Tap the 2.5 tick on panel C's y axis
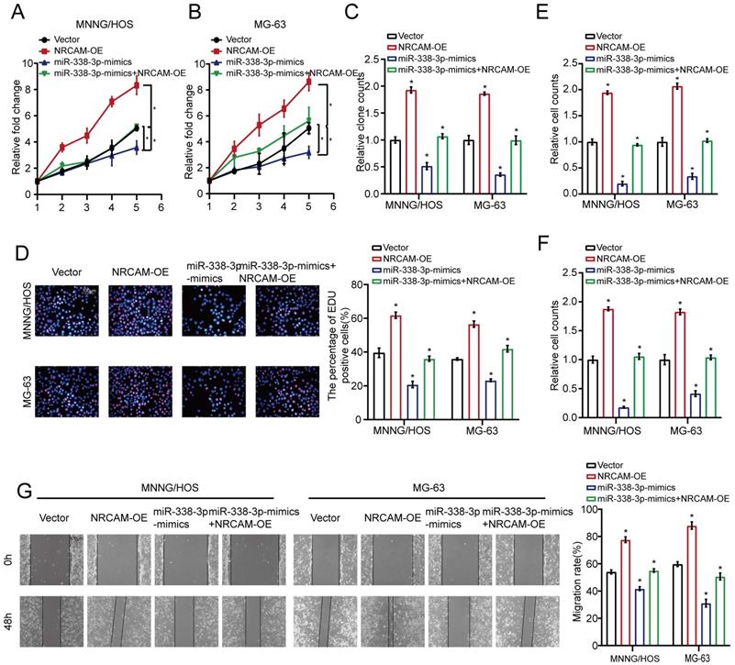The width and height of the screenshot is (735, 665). pyautogui.click(x=369, y=60)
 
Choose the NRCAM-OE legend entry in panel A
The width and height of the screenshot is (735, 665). pyautogui.click(x=74, y=50)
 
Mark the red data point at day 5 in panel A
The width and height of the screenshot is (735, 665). pyautogui.click(x=137, y=85)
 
